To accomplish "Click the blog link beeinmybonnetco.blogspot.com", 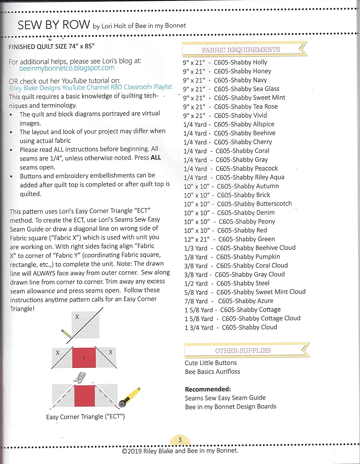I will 67,68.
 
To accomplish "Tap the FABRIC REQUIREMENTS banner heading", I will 241,50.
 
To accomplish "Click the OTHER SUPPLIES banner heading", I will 243,350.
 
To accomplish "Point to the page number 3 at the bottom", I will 180,440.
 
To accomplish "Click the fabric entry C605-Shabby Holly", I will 240,62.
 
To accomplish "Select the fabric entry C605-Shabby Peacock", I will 246,169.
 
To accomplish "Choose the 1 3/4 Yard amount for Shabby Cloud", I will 199,328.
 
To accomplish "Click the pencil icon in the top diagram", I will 66,333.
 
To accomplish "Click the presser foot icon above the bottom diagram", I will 80,378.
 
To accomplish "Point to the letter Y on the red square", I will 84,359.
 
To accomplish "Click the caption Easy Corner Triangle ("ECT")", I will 85,417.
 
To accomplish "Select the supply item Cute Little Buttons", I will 211,363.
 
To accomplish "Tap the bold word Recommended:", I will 208,389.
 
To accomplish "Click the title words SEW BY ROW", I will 54,25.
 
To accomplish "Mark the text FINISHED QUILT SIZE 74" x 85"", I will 52,47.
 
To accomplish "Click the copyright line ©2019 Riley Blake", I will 180,451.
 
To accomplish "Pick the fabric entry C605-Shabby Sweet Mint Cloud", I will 261,292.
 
